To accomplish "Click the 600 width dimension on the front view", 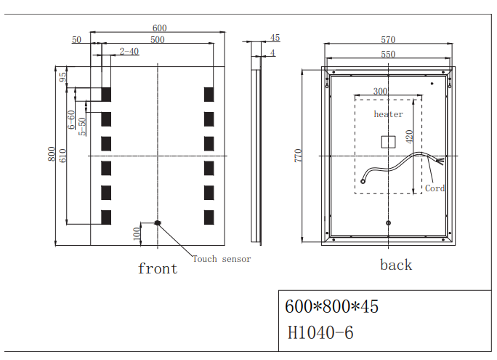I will coord(159,28).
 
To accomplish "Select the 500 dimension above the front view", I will coord(157,40).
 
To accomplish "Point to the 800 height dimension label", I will coord(52,154).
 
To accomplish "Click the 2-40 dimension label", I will coord(129,51).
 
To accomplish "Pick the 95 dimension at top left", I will coord(62,76).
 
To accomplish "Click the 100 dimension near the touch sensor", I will coord(136,233).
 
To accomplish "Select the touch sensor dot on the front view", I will coord(158,223).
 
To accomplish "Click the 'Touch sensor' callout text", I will coord(222,259).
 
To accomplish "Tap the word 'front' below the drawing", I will coord(158,268).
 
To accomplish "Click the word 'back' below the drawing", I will coord(396,265).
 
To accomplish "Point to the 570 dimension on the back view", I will coord(388,40).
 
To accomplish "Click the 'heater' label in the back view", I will coord(388,114).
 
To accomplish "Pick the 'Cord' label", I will coord(435,188).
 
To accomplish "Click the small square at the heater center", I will coord(387,142).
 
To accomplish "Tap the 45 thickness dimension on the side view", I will coord(275,38).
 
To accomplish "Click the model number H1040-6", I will coord(320,333).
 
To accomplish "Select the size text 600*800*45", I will coord(332,307).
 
